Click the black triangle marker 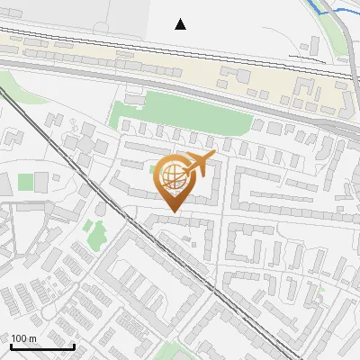pos(180,24)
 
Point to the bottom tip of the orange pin pos(172,211)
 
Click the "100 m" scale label pos(23,338)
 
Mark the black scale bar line pos(42,346)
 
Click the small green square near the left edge pos(25,183)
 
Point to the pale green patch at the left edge pos(4,135)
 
